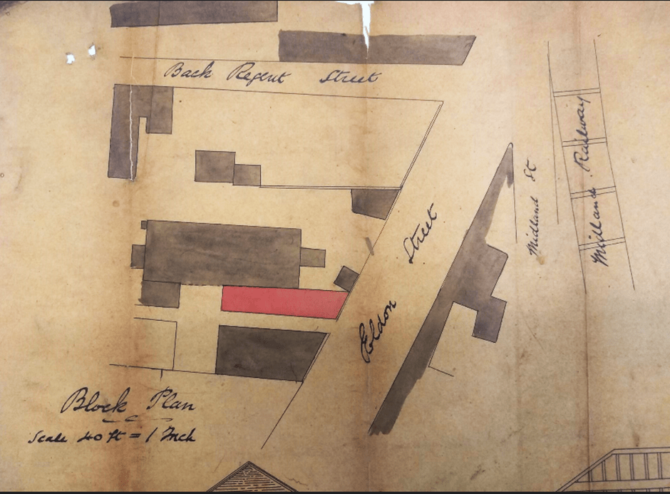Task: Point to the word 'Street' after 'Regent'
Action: (349, 77)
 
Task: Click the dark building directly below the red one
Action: (267, 352)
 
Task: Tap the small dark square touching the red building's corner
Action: (346, 277)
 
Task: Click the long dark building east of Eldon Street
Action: (456, 285)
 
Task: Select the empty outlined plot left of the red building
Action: (154, 342)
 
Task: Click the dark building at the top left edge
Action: (193, 13)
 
